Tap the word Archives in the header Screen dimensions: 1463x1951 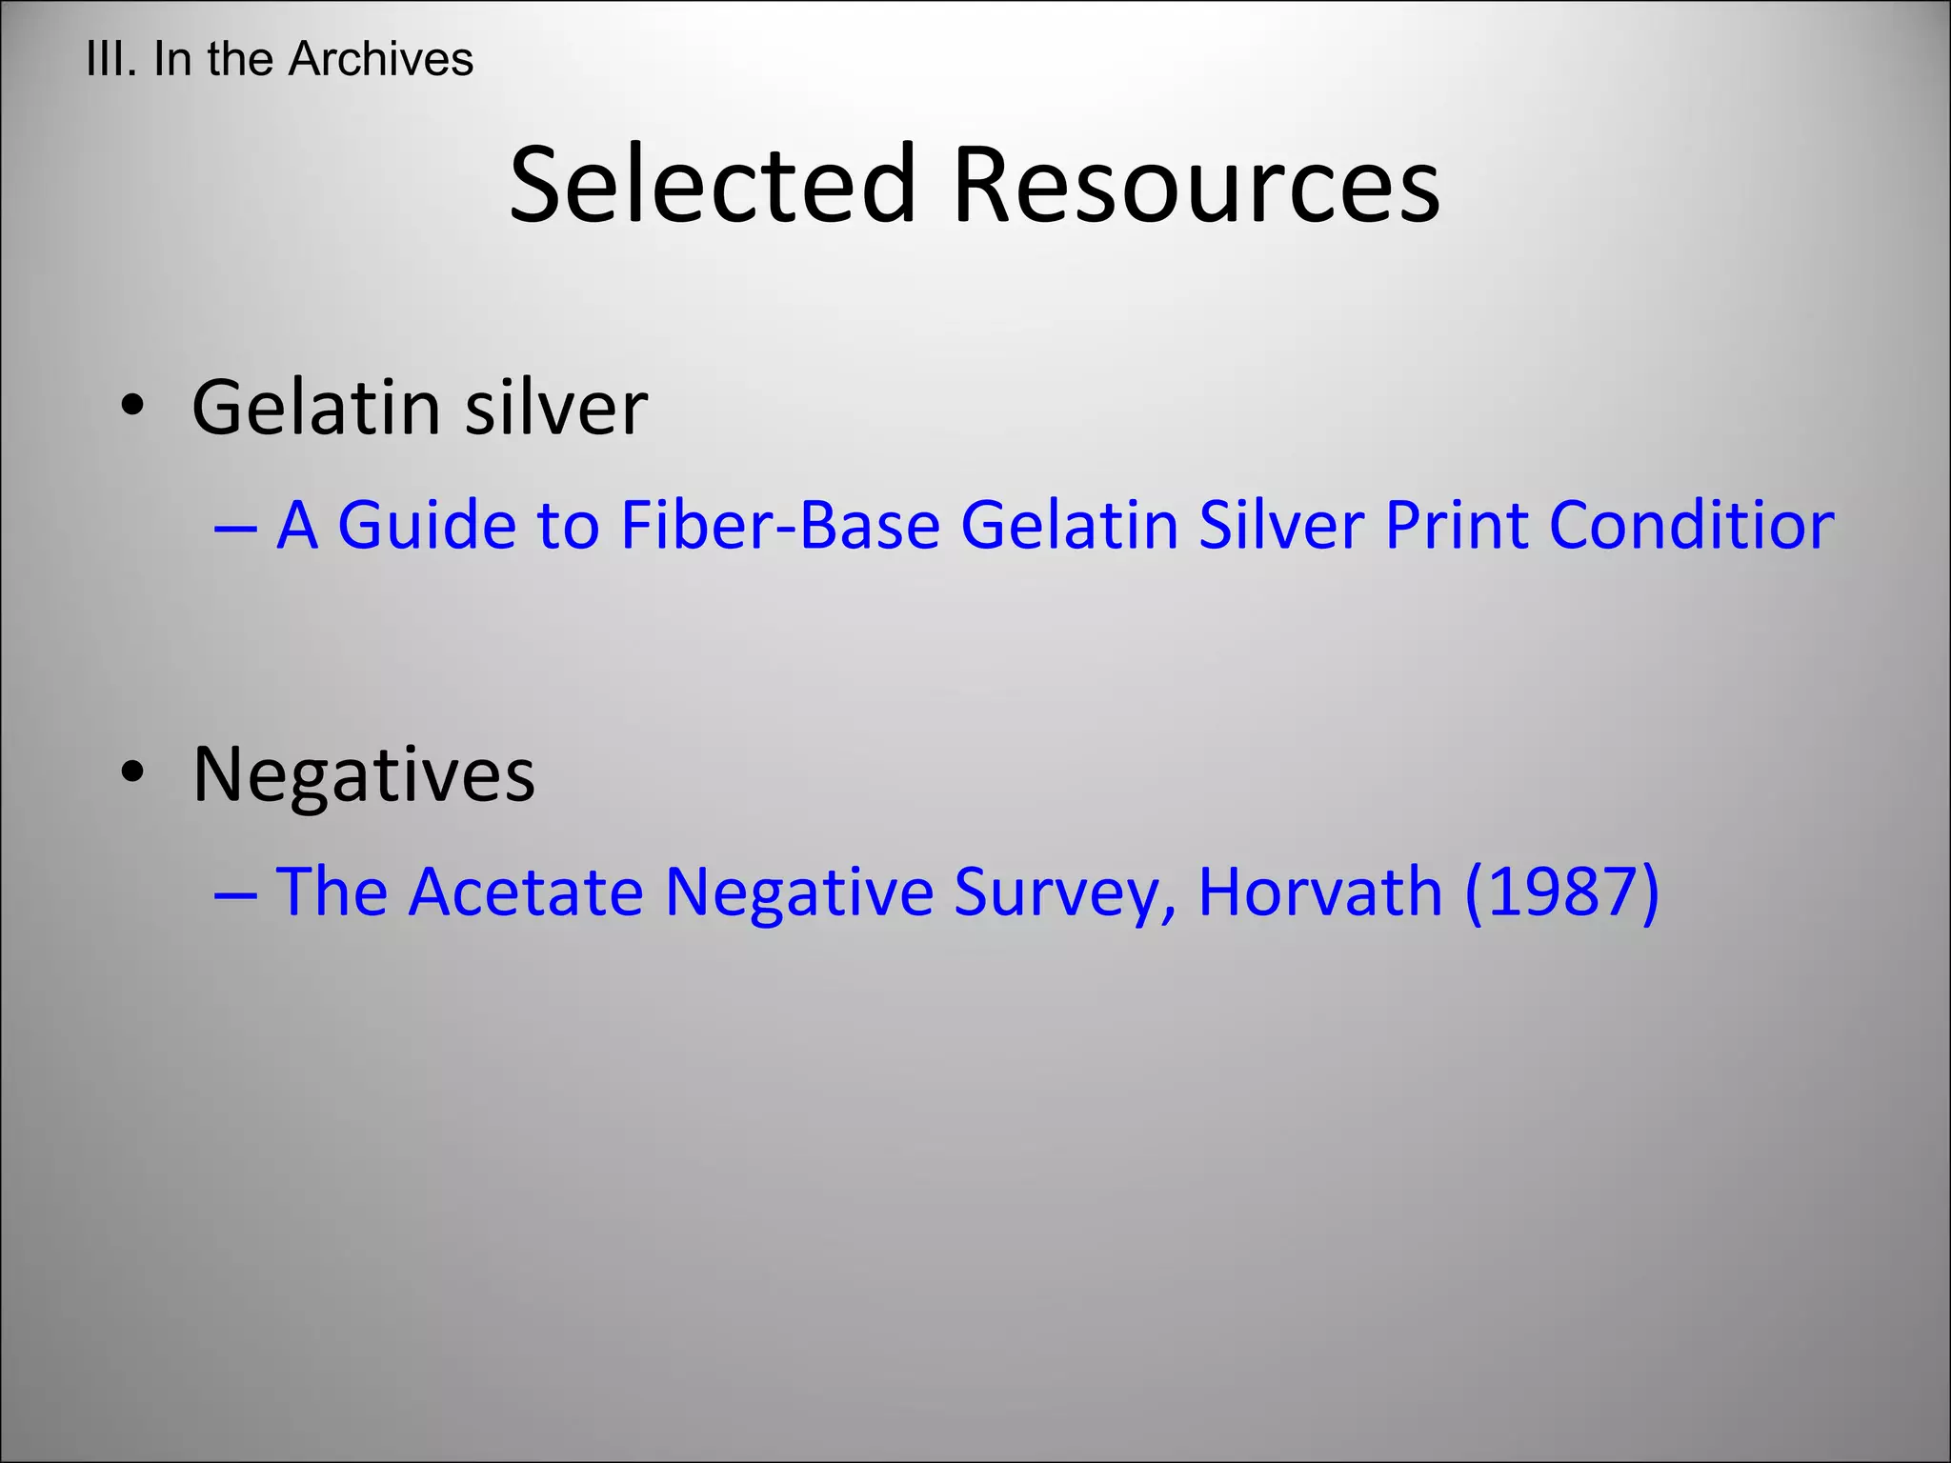[x=381, y=59]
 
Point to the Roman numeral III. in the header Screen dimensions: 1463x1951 [x=111, y=59]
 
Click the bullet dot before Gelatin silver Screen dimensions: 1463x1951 [x=132, y=407]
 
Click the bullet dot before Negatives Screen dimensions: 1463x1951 [x=132, y=772]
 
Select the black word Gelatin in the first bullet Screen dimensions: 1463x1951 [x=315, y=407]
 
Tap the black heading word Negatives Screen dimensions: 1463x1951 [x=364, y=774]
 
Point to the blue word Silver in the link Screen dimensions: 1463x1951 [x=1281, y=525]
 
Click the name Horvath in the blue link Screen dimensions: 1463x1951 [x=1320, y=892]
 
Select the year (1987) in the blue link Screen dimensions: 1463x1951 [x=1562, y=892]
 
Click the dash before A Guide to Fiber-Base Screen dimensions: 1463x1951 [x=235, y=527]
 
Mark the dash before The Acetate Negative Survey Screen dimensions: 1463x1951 [x=235, y=893]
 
